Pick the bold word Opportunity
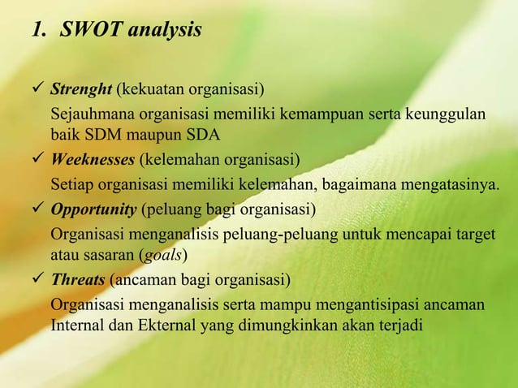tap(93, 209)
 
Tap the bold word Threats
tap(78, 280)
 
